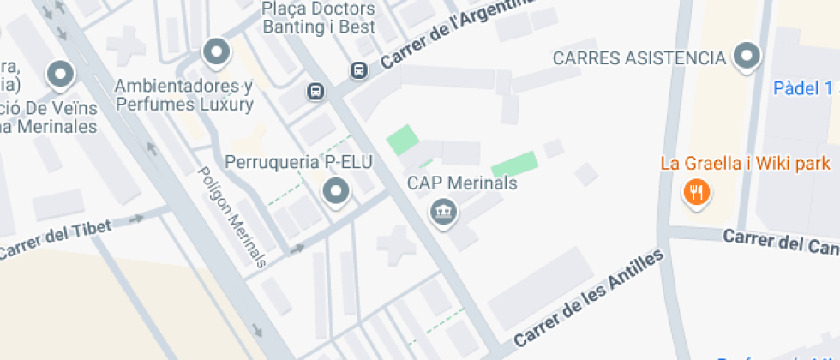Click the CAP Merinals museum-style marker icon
[x=443, y=210]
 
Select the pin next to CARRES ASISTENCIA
[x=748, y=57]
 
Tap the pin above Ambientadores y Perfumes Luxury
[x=216, y=52]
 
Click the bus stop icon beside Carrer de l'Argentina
[x=358, y=69]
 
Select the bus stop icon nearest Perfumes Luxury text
[x=316, y=90]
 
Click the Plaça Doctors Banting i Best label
[x=319, y=18]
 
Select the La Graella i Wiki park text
[x=745, y=163]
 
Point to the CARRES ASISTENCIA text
[x=639, y=58]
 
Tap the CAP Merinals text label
[x=462, y=183]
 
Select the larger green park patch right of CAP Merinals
[x=515, y=165]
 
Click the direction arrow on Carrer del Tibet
[x=135, y=219]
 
